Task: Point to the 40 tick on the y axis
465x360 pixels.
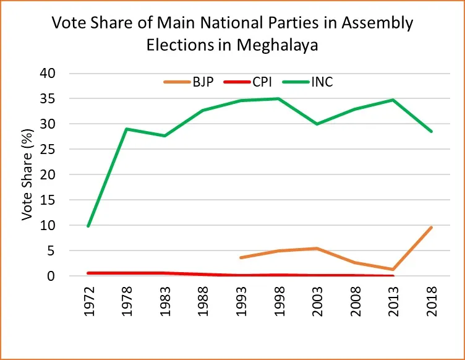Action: [65, 74]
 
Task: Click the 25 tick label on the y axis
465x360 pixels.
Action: [65, 150]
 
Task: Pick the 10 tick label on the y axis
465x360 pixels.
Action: [65, 226]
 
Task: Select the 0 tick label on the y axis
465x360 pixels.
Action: [69, 276]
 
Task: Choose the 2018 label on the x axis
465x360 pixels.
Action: [432, 303]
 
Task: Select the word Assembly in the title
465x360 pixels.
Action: [378, 24]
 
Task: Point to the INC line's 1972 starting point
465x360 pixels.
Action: [89, 226]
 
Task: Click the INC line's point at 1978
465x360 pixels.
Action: [127, 129]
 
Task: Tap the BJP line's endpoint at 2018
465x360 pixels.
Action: [431, 227]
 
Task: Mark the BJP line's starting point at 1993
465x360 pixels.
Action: [241, 257]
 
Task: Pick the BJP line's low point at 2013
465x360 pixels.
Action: [393, 269]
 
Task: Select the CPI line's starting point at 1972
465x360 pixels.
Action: [89, 273]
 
